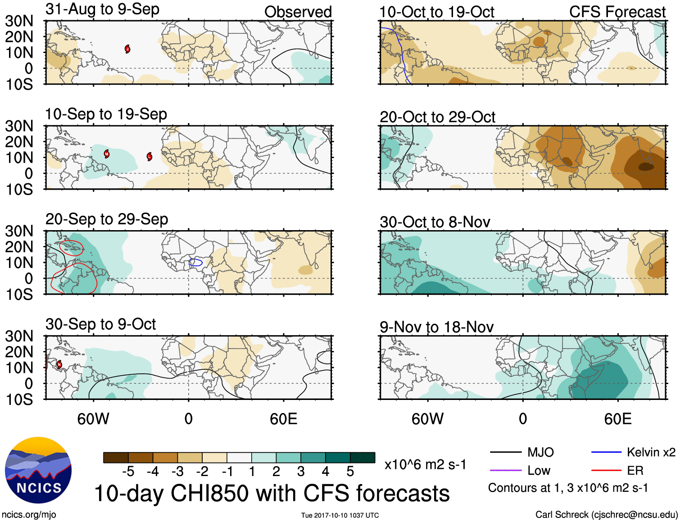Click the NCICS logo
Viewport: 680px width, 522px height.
tap(38, 470)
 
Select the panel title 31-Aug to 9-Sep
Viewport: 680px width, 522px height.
tap(102, 9)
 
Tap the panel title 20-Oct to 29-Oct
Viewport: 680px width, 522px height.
tap(437, 117)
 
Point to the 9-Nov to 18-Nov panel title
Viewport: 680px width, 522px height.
tap(436, 327)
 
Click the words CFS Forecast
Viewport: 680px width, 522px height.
tap(617, 12)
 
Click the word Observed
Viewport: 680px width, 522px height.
tap(298, 12)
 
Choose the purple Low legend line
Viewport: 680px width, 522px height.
tap(505, 471)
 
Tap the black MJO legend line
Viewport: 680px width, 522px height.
tap(505, 452)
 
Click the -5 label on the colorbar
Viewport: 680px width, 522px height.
tap(128, 472)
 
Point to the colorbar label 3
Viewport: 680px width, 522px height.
tap(301, 472)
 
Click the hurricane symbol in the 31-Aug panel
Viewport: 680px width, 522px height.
tap(127, 49)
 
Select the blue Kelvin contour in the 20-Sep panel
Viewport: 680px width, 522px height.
tap(196, 262)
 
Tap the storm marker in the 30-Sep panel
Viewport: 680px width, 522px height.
tap(59, 364)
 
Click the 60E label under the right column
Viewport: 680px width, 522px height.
tap(617, 419)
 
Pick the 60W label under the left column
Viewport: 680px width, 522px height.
tap(93, 419)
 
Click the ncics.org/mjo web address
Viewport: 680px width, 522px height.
tap(29, 515)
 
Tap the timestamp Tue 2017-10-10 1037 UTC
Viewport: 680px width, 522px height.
tap(340, 515)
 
